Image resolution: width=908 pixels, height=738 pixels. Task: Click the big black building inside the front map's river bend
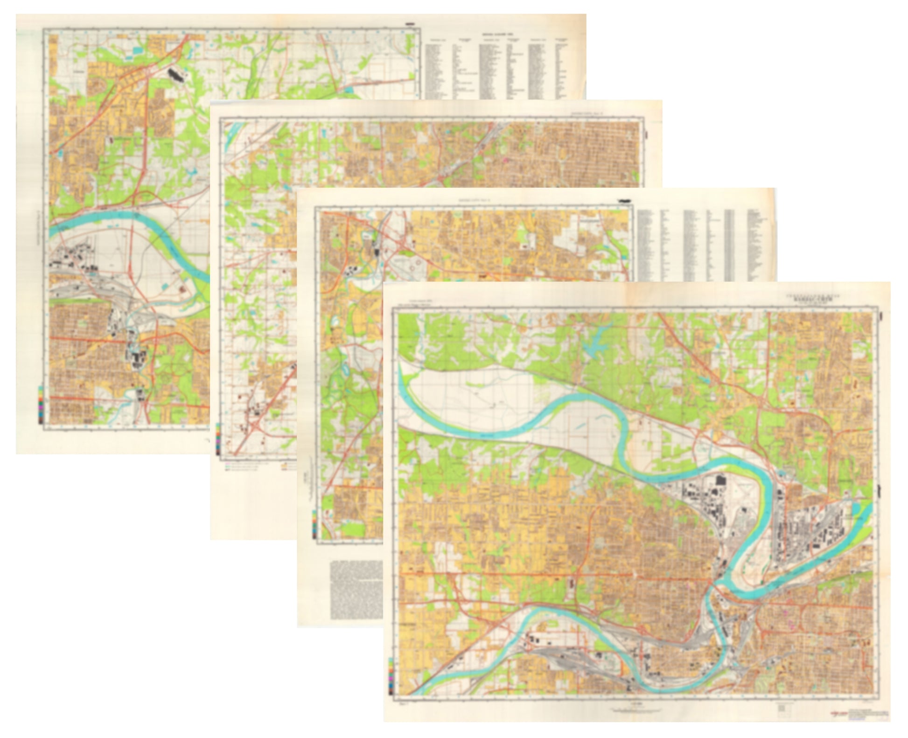tap(719, 480)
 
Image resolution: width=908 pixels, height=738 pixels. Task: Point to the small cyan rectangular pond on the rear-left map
tap(138, 48)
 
